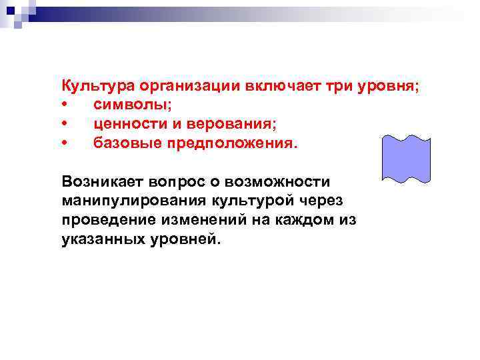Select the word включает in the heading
276,87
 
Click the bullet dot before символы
64,105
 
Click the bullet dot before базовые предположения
64,143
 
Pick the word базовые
122,143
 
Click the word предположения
227,143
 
